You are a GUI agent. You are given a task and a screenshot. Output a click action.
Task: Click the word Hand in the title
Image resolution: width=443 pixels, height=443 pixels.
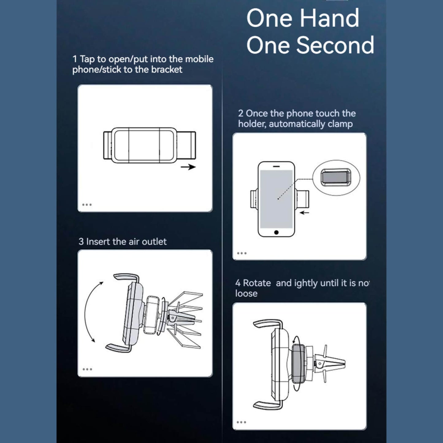pyautogui.click(x=329, y=18)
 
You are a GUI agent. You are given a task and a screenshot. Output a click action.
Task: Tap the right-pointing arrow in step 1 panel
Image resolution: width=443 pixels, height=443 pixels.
pyautogui.click(x=188, y=167)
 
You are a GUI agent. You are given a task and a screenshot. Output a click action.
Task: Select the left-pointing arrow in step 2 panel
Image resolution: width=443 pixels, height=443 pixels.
pyautogui.click(x=304, y=212)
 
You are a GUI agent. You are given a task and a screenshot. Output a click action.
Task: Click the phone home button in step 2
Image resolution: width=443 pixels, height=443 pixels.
pyautogui.click(x=276, y=232)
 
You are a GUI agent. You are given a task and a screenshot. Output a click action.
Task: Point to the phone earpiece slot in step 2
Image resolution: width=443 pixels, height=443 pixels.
pyautogui.click(x=277, y=166)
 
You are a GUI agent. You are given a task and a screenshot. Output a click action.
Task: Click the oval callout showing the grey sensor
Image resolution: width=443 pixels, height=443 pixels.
pyautogui.click(x=336, y=178)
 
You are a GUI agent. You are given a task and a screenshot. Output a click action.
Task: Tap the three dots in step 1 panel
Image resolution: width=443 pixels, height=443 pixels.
pyautogui.click(x=87, y=204)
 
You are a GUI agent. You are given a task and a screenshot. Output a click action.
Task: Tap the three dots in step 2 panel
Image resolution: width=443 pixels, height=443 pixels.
pyautogui.click(x=242, y=253)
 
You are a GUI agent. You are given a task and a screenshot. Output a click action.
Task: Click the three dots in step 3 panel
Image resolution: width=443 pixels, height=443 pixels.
pyautogui.click(x=87, y=369)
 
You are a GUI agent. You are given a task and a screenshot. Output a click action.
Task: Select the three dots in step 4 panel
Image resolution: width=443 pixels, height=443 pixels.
pyautogui.click(x=242, y=422)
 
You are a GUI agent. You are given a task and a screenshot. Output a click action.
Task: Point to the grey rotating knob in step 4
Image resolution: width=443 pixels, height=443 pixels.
pyautogui.click(x=298, y=364)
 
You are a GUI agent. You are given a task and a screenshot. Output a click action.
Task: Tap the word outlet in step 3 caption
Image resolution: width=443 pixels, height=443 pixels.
pyautogui.click(x=154, y=242)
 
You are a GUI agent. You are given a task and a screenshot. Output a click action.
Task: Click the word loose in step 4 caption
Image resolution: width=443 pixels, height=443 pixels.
pyautogui.click(x=246, y=293)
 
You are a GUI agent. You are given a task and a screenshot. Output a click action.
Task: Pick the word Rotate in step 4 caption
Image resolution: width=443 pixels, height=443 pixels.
pyautogui.click(x=257, y=283)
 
